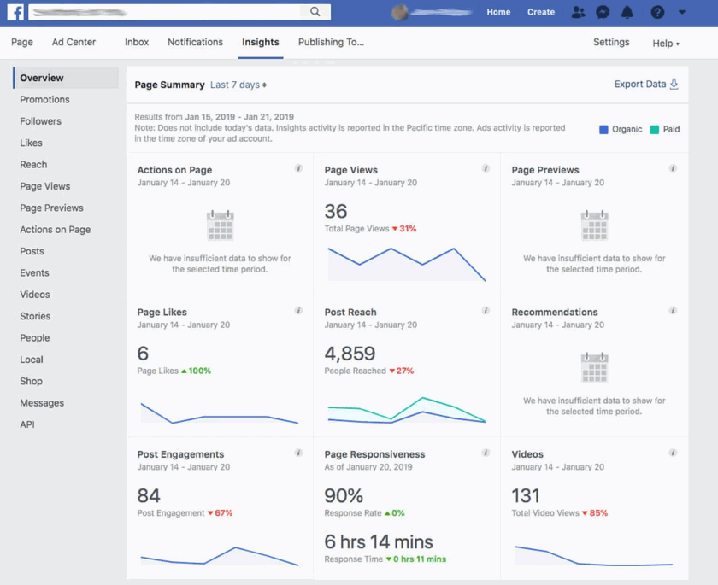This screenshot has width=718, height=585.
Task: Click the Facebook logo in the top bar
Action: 15,12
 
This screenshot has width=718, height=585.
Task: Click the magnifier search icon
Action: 315,12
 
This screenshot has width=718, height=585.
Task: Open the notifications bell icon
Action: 627,12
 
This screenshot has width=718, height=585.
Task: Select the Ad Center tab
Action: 74,42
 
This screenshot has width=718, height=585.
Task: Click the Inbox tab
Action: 137,42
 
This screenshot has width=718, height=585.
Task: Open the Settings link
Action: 611,42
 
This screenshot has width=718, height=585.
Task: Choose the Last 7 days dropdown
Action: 238,85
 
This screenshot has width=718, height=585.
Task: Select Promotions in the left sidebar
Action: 44,99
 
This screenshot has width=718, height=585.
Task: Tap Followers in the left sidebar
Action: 40,121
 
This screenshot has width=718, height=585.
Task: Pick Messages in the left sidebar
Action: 42,403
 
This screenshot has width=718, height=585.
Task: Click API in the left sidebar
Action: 27,424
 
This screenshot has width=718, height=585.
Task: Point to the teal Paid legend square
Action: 654,130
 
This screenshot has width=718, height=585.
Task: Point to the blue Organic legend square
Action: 603,130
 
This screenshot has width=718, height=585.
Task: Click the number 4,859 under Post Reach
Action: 349,353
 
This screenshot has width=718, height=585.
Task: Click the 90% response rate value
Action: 344,495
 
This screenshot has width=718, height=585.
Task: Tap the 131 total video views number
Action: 526,495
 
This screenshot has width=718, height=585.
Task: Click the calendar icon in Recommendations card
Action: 594,368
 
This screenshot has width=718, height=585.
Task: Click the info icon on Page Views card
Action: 486,168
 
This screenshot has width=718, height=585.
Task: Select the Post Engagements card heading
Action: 180,454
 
